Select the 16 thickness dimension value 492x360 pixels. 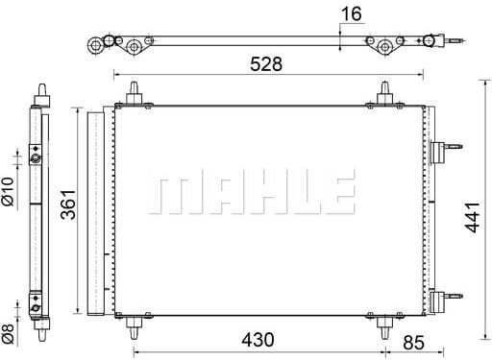(353, 14)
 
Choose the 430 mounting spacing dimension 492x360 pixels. (257, 340)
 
